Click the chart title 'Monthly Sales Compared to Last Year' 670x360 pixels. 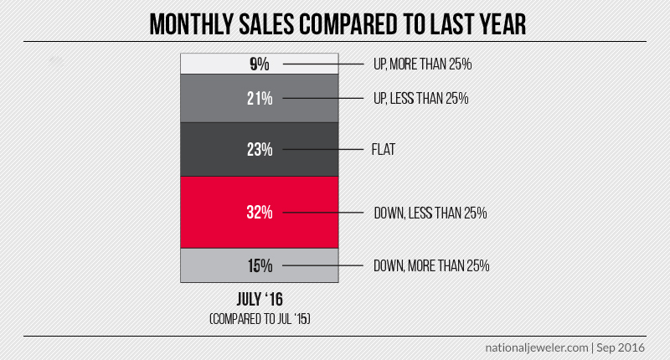[334, 23]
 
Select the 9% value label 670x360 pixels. [260, 64]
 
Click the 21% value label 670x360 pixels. [260, 99]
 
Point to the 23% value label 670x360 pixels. [260, 150]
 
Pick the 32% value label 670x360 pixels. [260, 213]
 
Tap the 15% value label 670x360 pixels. [260, 266]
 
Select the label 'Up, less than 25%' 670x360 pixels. [420, 99]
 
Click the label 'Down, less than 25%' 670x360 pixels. [430, 213]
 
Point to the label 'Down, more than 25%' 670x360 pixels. [431, 266]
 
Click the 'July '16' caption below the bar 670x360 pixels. [260, 300]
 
